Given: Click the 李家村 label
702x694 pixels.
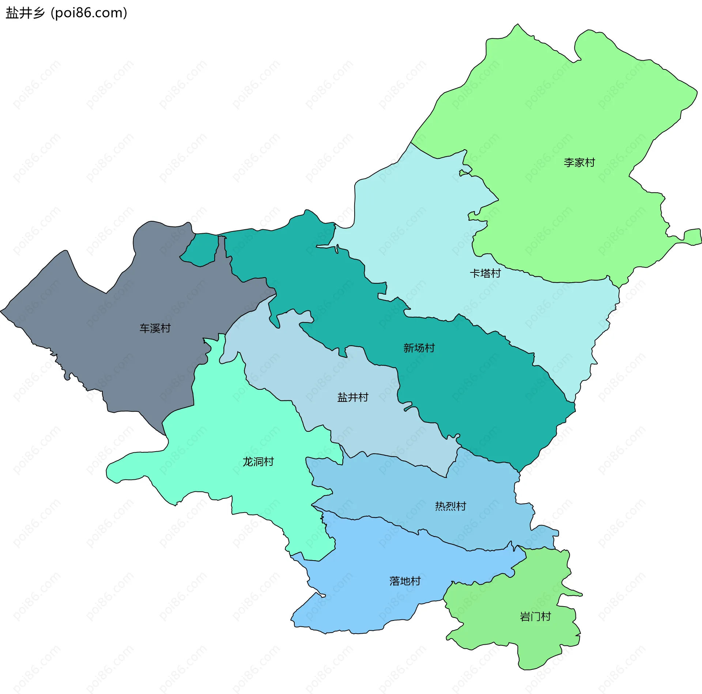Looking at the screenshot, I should click(x=579, y=162).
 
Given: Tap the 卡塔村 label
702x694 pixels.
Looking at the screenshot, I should click(x=485, y=273).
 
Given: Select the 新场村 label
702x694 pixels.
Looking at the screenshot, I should click(x=419, y=348).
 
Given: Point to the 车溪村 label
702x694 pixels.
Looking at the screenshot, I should click(x=155, y=328).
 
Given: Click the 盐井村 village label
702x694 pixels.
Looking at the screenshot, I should click(x=352, y=397).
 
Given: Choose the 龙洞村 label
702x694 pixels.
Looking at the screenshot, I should click(x=258, y=462).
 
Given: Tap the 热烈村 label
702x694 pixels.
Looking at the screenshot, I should click(x=450, y=506).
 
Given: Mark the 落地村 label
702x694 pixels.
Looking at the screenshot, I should click(x=405, y=581).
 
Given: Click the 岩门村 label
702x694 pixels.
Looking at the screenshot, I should click(x=535, y=616).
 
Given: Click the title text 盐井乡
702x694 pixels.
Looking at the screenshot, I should click(x=25, y=13).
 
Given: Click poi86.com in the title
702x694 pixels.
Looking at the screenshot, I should click(x=89, y=13).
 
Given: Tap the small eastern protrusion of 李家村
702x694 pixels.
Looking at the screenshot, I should click(x=692, y=237).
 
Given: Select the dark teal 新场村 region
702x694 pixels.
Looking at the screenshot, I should click(x=475, y=384).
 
